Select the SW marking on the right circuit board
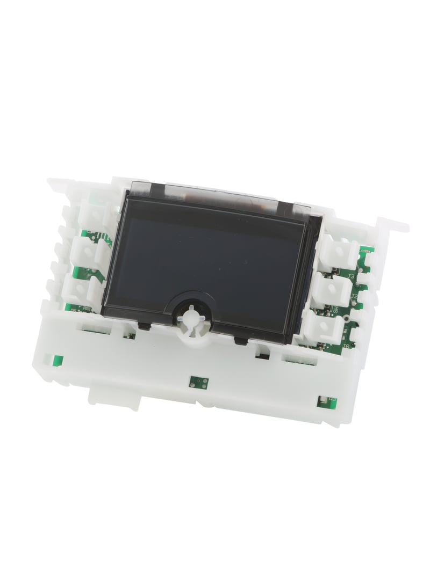[334, 310]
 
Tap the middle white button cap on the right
[332, 290]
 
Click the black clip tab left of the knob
[143, 325]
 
